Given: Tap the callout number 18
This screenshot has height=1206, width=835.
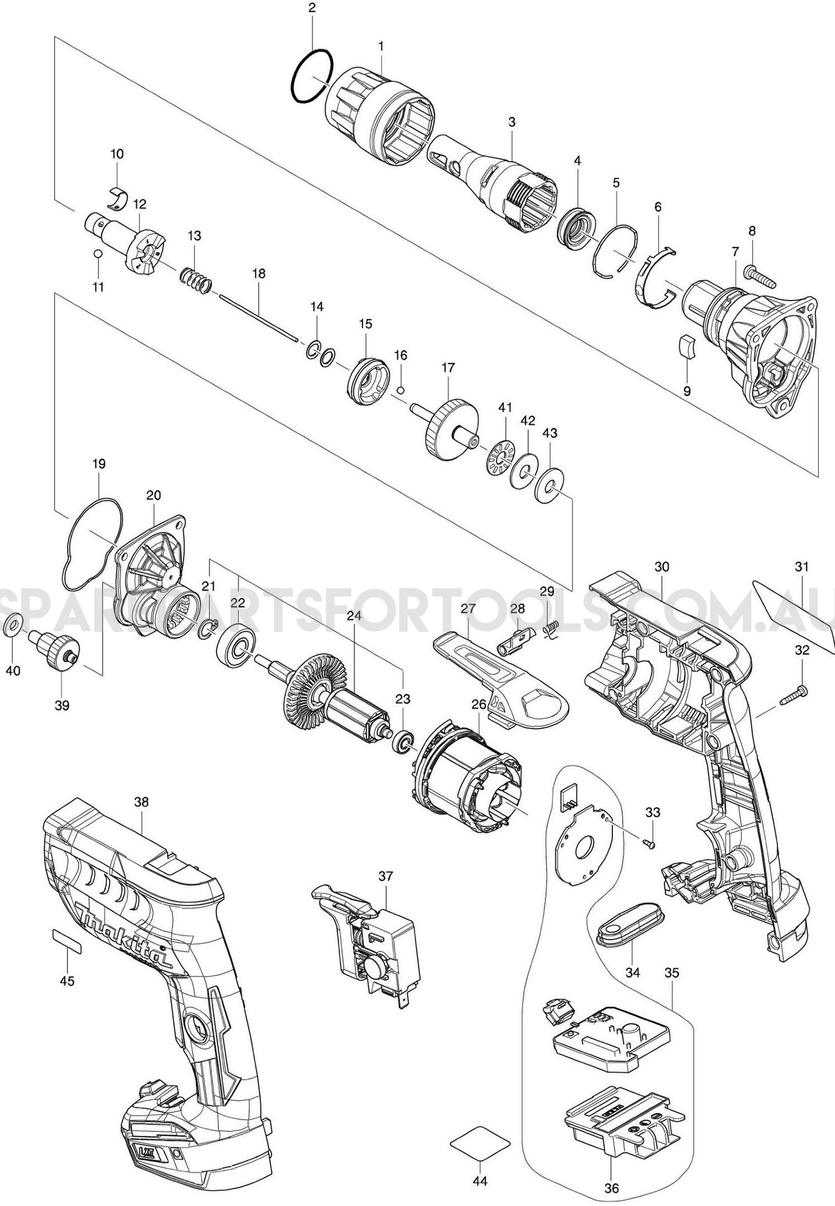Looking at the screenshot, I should [x=259, y=273].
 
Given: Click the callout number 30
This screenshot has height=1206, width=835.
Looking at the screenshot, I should [x=662, y=567].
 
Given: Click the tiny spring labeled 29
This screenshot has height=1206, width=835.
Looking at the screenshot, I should [x=547, y=628].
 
